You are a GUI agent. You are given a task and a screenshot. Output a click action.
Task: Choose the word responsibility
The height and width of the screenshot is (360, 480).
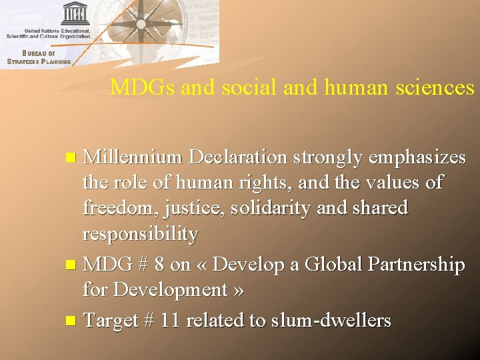[x=140, y=234]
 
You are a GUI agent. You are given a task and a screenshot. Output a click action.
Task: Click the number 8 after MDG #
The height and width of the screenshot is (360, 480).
[x=158, y=265]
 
